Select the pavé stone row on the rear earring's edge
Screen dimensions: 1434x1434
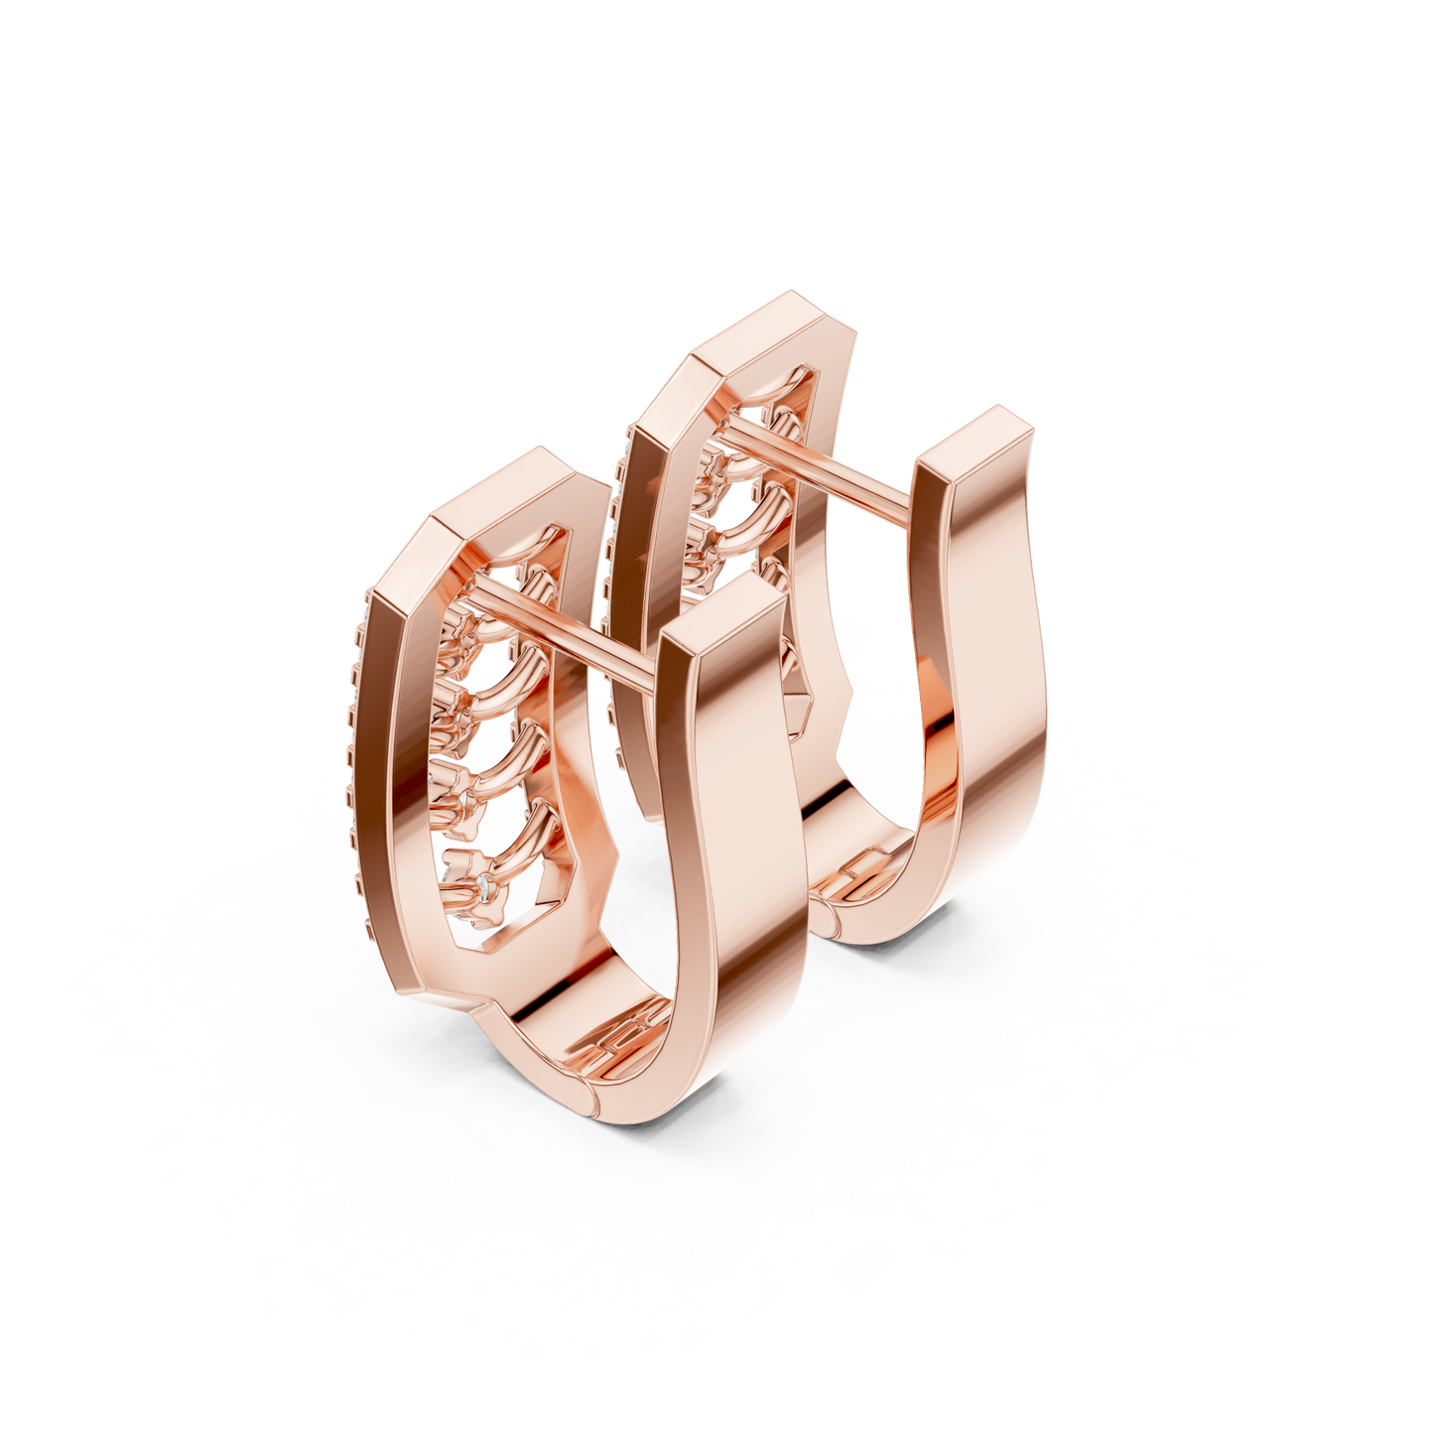coord(610,536)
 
